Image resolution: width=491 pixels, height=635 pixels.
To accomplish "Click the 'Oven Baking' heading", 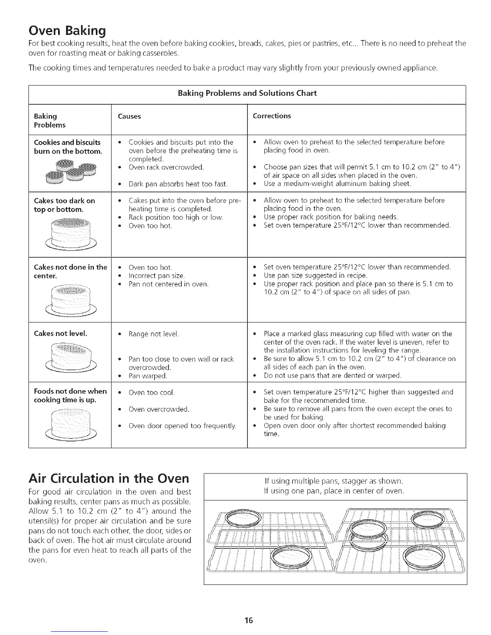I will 67,30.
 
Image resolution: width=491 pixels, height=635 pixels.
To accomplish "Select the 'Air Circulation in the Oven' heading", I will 109,478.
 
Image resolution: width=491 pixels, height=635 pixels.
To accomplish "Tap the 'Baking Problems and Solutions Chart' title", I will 247,93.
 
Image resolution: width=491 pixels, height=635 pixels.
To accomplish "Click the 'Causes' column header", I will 129,116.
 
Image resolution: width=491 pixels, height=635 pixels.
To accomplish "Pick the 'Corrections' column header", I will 272,116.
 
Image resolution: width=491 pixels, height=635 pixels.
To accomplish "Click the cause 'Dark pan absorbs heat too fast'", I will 178,184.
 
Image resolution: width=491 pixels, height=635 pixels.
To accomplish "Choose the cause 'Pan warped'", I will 148,376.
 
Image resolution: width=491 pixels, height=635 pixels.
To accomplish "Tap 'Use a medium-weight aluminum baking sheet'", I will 337,184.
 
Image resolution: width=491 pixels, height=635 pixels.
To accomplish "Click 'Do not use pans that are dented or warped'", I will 332,376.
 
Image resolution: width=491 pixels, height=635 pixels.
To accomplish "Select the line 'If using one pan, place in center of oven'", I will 334,491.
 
